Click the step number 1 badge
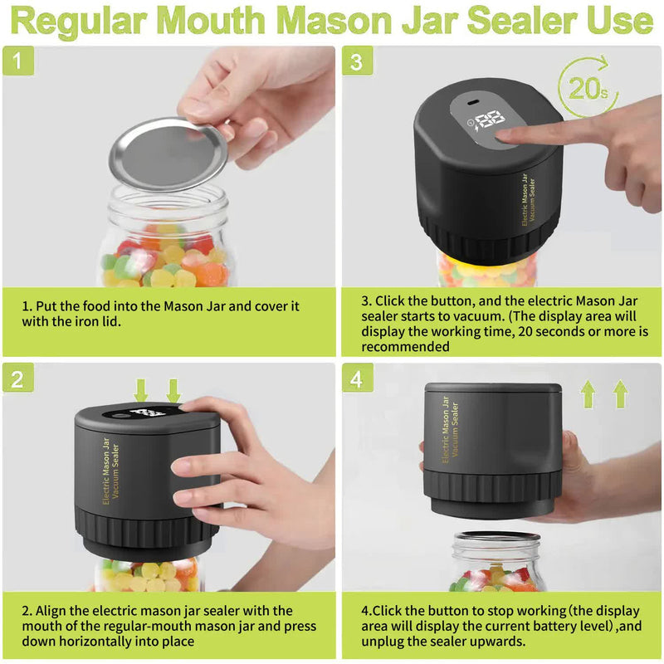click(x=17, y=61)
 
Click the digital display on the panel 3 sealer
click(x=488, y=120)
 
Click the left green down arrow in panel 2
click(x=141, y=390)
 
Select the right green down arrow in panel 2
click(x=173, y=390)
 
